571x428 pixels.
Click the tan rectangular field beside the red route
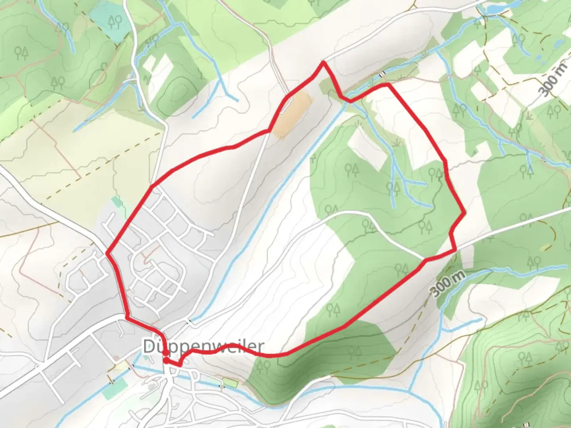(x=294, y=114)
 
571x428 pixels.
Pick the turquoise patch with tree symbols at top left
(x=109, y=21)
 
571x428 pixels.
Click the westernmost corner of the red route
(x=107, y=253)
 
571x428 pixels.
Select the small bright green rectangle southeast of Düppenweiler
(x=230, y=383)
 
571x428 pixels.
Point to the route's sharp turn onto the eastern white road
(x=455, y=250)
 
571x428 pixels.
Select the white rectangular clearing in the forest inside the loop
(x=367, y=149)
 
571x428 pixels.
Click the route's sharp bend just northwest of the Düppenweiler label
(x=127, y=317)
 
